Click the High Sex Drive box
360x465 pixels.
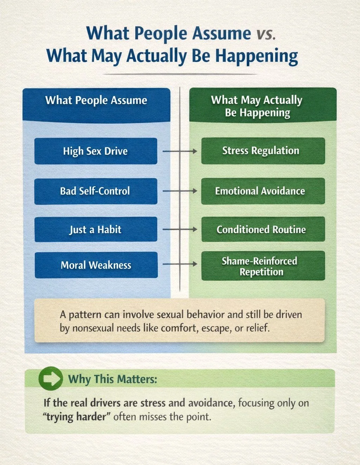[96, 151]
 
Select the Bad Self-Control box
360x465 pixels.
[96, 191]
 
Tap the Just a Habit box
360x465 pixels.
[96, 230]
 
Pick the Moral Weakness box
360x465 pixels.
[96, 265]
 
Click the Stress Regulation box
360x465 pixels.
[263, 151]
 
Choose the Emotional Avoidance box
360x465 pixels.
[263, 191]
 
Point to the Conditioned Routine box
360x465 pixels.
[263, 230]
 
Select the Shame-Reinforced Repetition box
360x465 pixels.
[263, 266]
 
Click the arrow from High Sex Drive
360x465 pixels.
[180, 151]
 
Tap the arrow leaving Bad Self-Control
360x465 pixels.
[180, 191]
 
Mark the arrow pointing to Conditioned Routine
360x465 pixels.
[180, 230]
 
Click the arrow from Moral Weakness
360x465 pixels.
[180, 264]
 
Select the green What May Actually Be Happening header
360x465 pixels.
[263, 106]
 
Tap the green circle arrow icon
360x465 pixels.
[51, 379]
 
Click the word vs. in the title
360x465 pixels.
[266, 34]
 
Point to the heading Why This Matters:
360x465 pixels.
[112, 379]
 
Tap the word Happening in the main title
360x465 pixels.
[256, 57]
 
